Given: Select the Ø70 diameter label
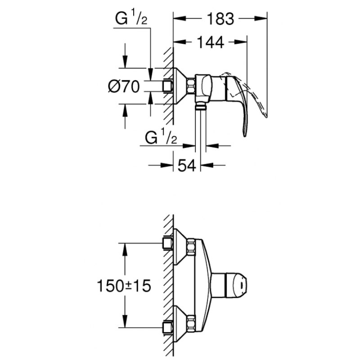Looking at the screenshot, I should tap(123, 86).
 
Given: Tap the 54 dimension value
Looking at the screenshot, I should tap(186, 165).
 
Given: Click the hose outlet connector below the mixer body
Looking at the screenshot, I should tap(201, 107).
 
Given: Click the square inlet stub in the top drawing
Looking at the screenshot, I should tap(168, 86).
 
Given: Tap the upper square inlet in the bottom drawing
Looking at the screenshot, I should tap(168, 243).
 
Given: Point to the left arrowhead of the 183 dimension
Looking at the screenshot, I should tap(177, 19).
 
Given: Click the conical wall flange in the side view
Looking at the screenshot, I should tap(180, 85).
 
